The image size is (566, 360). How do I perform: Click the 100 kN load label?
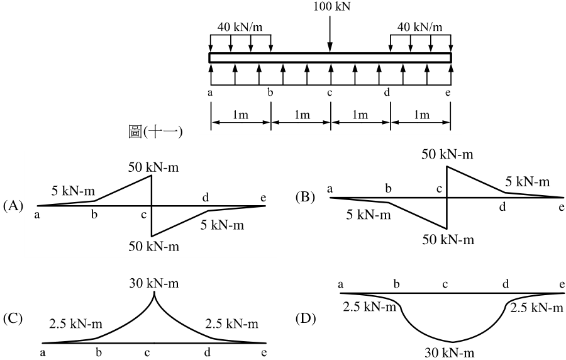pyautogui.click(x=331, y=7)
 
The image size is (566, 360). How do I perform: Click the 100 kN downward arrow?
pyautogui.click(x=330, y=33)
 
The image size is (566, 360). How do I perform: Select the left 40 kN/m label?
pyautogui.click(x=240, y=27)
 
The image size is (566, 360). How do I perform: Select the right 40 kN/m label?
pyautogui.click(x=419, y=27)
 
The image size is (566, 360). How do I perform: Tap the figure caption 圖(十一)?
pyautogui.click(x=155, y=132)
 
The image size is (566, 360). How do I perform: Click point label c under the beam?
pyautogui.click(x=329, y=93)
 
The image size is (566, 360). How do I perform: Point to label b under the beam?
pyautogui.click(x=270, y=93)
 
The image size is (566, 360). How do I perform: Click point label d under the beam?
pyautogui.click(x=387, y=93)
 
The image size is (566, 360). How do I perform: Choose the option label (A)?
pyautogui.click(x=13, y=206)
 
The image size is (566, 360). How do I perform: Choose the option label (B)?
pyautogui.click(x=305, y=197)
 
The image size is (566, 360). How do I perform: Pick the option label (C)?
pyautogui.click(x=13, y=319)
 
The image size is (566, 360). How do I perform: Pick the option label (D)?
pyautogui.click(x=306, y=319)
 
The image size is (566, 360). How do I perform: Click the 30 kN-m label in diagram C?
pyautogui.click(x=154, y=283)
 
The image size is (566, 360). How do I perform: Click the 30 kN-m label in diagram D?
pyautogui.click(x=450, y=352)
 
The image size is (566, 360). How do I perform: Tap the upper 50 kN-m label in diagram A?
pyautogui.click(x=153, y=167)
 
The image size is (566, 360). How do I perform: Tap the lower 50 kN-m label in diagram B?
pyautogui.click(x=448, y=240)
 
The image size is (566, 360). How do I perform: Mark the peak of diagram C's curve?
pyautogui.click(x=155, y=291)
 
